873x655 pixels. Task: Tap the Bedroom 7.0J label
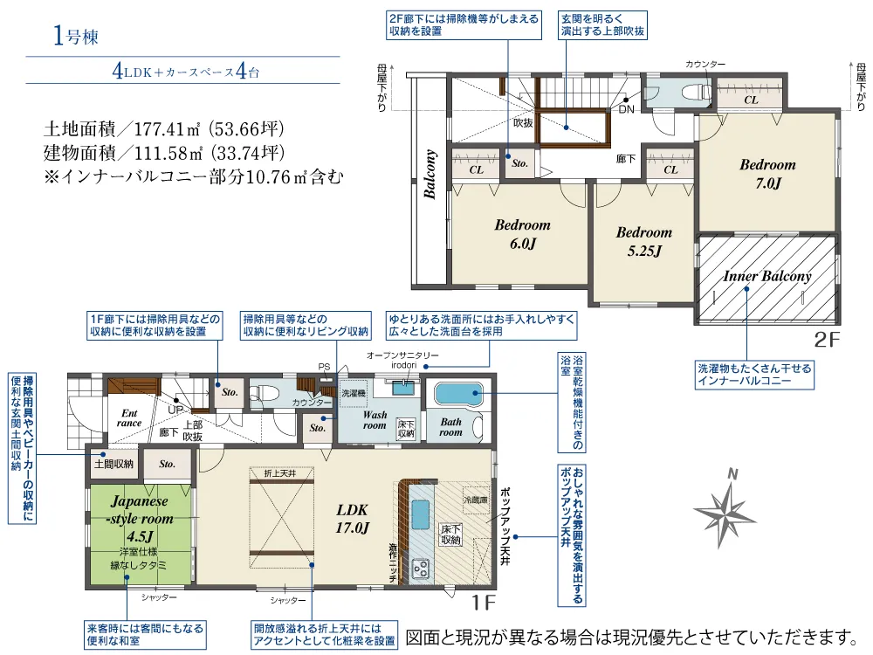coord(767,173)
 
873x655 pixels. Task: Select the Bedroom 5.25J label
coord(643,241)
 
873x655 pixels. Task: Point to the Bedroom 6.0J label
coord(522,234)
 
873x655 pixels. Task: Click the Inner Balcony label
coord(766,276)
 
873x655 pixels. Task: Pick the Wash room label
coord(375,419)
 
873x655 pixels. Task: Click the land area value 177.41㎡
coord(168,129)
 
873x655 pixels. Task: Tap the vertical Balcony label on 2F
coord(430,176)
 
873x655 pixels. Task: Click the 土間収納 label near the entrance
coord(113,464)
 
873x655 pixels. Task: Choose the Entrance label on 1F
coord(129,417)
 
